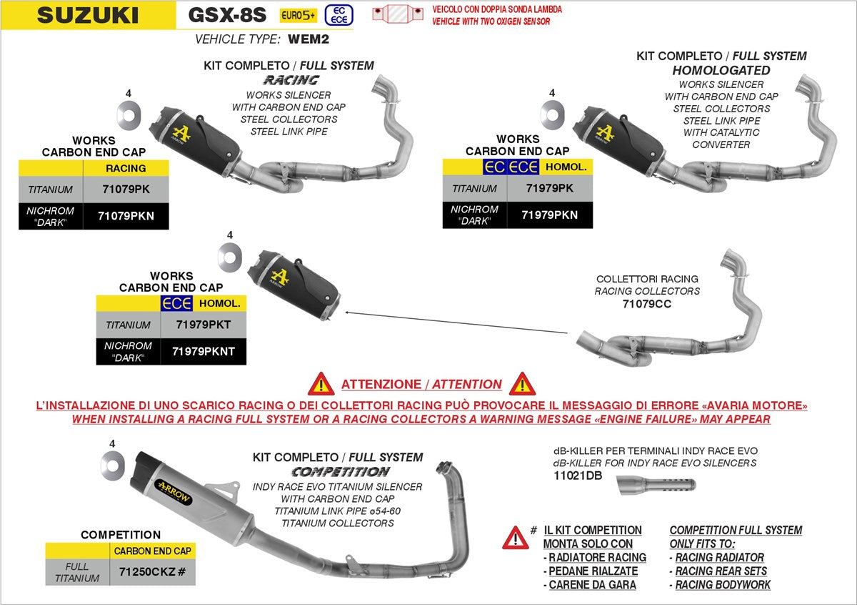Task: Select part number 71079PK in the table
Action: (125, 190)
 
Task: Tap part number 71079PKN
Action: (126, 216)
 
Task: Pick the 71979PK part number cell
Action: (549, 189)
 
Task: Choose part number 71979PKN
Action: (549, 215)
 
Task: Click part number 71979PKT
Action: (203, 325)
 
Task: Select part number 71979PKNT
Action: (203, 351)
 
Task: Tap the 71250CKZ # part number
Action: (151, 572)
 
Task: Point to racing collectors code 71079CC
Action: (647, 304)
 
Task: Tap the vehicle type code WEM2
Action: (309, 39)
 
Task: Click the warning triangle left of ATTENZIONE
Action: (321, 384)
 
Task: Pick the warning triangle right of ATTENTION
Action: (522, 384)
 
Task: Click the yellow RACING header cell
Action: (126, 168)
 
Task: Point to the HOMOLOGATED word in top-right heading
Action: (721, 70)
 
